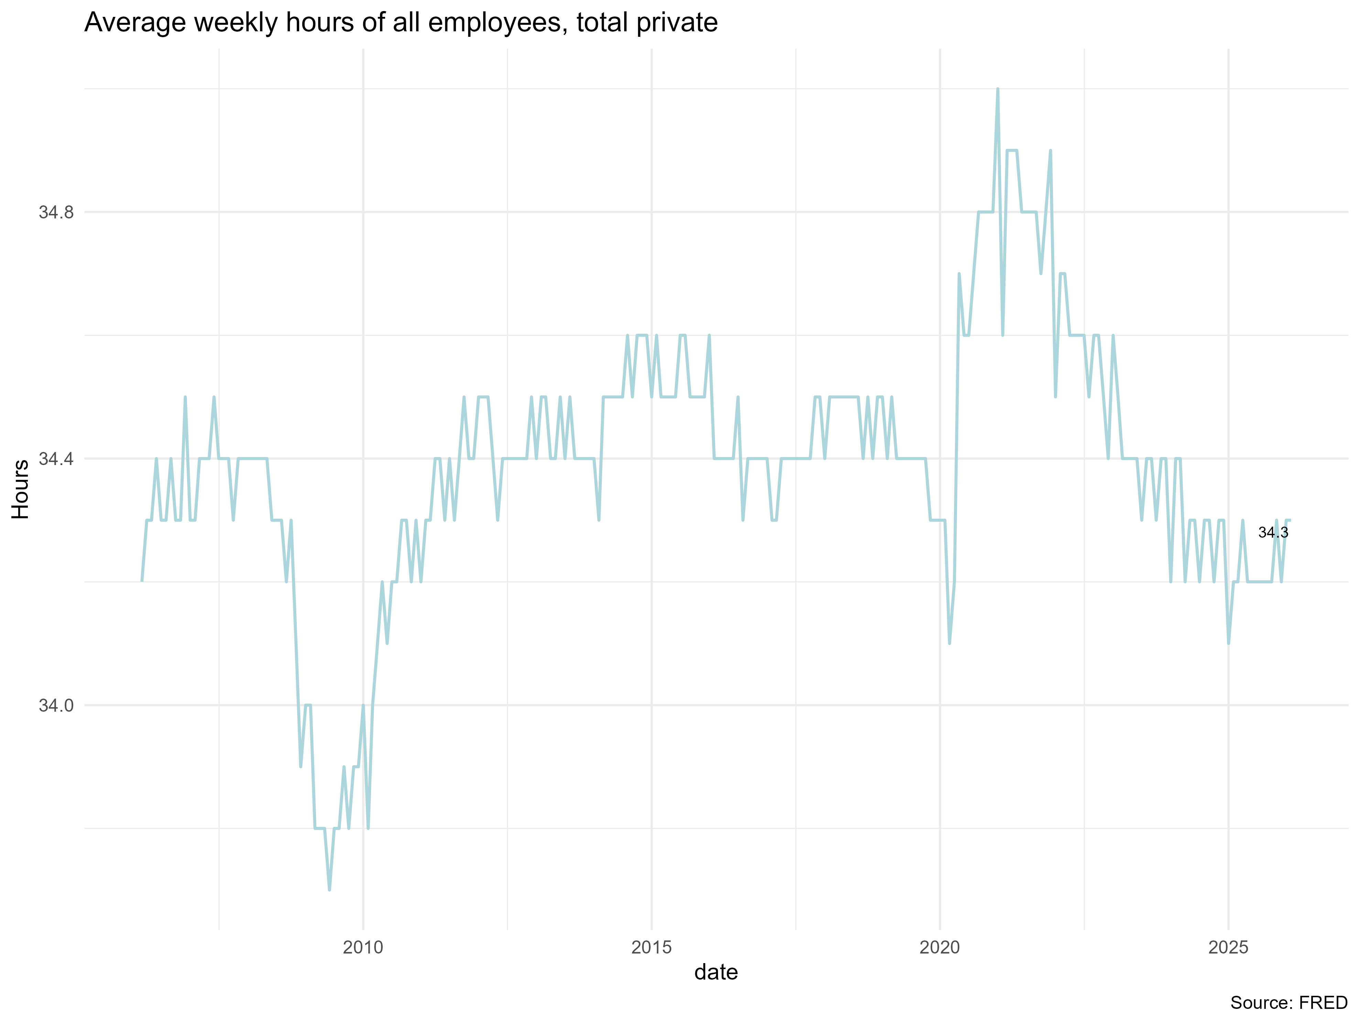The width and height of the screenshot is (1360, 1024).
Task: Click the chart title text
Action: [401, 23]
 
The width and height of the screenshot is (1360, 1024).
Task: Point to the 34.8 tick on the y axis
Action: [56, 213]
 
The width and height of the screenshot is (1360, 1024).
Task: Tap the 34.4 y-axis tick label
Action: [56, 459]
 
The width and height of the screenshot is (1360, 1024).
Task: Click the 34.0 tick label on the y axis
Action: [56, 705]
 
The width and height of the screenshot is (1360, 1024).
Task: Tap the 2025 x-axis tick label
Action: [1228, 948]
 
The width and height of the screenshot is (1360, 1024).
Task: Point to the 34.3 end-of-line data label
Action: [1273, 532]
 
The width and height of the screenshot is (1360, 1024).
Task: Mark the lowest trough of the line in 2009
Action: [329, 889]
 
